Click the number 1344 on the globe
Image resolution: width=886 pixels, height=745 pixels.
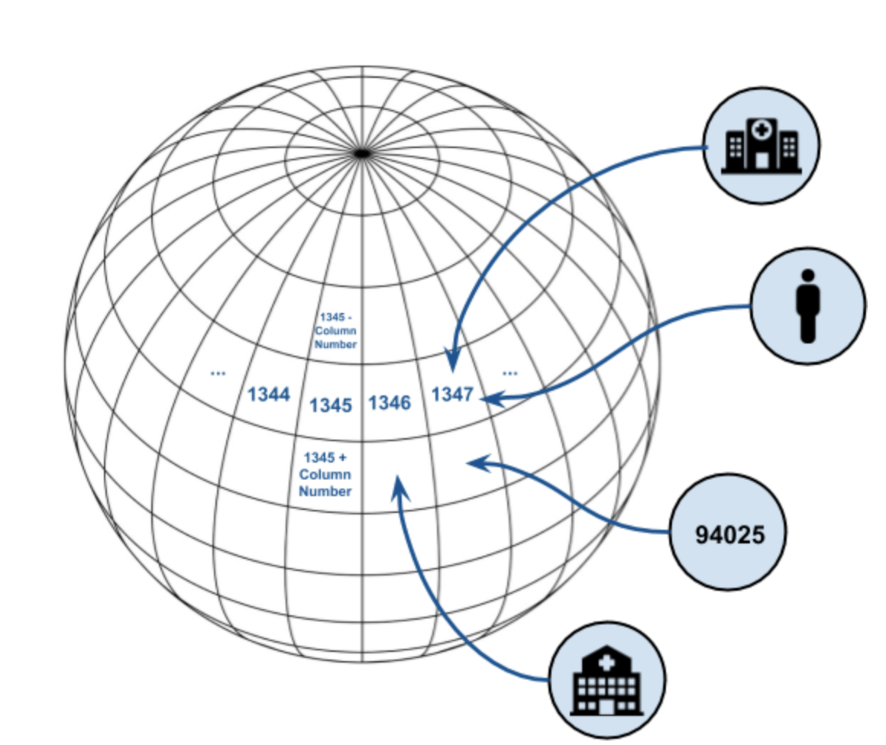coord(268,395)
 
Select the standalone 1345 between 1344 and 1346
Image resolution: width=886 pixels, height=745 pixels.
coord(331,405)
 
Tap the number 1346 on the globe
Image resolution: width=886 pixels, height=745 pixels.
coord(390,402)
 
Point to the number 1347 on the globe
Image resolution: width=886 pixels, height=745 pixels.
coord(452,395)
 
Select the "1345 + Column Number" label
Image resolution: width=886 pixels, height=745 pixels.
coord(325,474)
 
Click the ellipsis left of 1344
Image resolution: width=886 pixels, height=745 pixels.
coord(218,372)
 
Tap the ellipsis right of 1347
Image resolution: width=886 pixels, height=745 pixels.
coord(510,372)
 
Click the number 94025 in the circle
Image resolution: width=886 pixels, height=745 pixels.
coord(729,534)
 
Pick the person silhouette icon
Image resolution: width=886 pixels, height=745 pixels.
coord(808,305)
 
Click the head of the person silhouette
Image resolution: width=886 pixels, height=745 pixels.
coord(808,277)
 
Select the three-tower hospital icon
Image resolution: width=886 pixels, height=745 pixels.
coord(761,146)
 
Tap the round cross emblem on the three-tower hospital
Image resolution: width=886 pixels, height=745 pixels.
coord(761,131)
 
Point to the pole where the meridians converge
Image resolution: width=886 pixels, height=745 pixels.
coord(362,153)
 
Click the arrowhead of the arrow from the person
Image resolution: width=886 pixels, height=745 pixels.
coord(489,398)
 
